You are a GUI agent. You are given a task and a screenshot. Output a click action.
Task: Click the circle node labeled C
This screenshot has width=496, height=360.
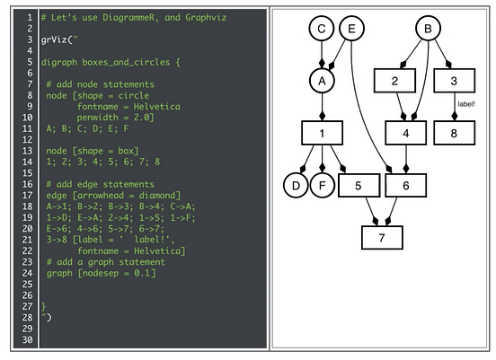(322, 31)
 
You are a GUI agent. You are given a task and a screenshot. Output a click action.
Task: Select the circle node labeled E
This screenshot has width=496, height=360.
(352, 31)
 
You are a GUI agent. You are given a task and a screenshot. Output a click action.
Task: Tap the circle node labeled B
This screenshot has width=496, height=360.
(429, 31)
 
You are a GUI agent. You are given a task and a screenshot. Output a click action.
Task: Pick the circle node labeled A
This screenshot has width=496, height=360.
(322, 82)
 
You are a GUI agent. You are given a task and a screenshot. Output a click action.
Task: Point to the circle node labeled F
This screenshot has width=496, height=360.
(322, 187)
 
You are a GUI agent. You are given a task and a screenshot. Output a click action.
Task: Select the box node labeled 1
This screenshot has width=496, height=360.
(322, 134)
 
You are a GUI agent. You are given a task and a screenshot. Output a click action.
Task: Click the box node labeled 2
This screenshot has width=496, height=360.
(394, 82)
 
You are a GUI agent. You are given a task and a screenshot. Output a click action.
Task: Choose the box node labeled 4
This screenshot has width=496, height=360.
(406, 134)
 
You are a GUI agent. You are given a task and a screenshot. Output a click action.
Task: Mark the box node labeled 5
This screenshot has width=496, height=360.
(358, 187)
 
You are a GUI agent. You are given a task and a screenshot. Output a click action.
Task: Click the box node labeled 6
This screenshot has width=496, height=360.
(406, 187)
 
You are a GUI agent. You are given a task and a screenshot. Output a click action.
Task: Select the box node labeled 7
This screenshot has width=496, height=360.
(382, 237)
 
